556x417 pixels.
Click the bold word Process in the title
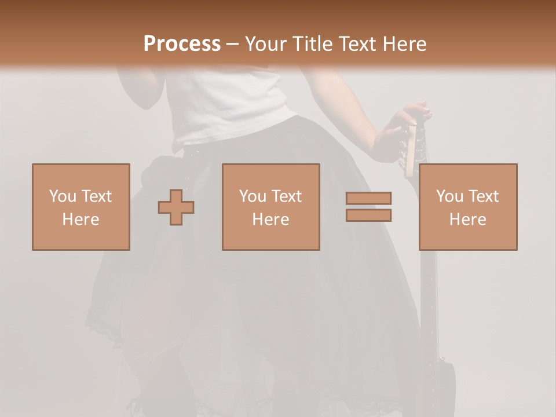click(182, 44)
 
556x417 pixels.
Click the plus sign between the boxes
click(176, 207)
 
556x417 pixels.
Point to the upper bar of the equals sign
click(368, 198)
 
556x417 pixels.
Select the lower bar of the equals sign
click(368, 215)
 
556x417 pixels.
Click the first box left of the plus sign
click(81, 207)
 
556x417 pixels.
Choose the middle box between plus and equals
click(270, 207)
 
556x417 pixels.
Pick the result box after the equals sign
click(468, 207)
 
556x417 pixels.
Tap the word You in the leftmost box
click(63, 196)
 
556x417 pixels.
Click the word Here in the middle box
click(270, 220)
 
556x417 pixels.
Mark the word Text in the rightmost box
click(483, 196)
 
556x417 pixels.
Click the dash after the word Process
click(233, 45)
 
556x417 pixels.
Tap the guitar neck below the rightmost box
click(428, 290)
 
